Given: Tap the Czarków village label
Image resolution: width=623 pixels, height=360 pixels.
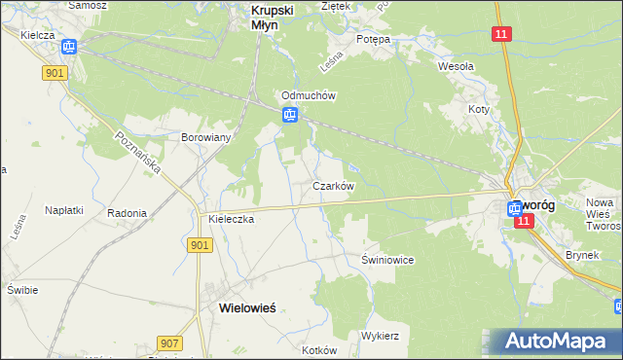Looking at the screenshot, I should (332, 185).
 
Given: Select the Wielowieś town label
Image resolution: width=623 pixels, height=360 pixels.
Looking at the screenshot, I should (240, 306).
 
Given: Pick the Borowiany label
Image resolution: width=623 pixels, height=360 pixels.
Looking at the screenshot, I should (205, 137).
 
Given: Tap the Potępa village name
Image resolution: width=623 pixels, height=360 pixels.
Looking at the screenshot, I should (373, 39).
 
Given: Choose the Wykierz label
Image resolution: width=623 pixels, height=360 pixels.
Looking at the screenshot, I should (381, 335).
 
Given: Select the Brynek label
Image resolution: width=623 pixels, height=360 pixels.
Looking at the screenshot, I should (582, 255).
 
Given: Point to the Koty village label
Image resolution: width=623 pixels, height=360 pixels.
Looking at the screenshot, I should (478, 110).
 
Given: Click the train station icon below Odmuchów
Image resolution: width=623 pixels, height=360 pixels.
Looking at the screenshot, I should (290, 116).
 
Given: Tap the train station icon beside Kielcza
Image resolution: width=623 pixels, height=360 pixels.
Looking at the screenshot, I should (68, 46).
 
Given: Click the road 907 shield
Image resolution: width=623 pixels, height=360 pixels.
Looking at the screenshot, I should (168, 343).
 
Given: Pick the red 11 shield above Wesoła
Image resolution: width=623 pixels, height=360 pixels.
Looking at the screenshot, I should (500, 34).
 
